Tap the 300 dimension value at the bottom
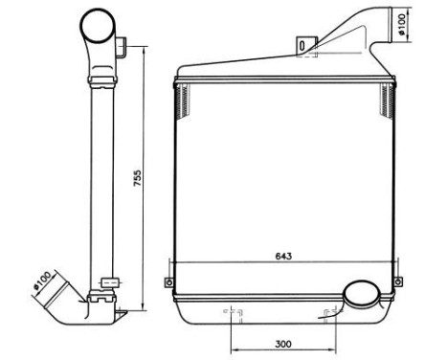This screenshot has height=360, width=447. coord(282,342)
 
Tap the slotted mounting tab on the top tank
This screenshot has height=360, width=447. coord(305,44)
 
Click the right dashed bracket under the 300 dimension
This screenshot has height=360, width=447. coord(331,313)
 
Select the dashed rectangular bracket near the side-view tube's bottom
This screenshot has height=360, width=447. coord(109,282)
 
